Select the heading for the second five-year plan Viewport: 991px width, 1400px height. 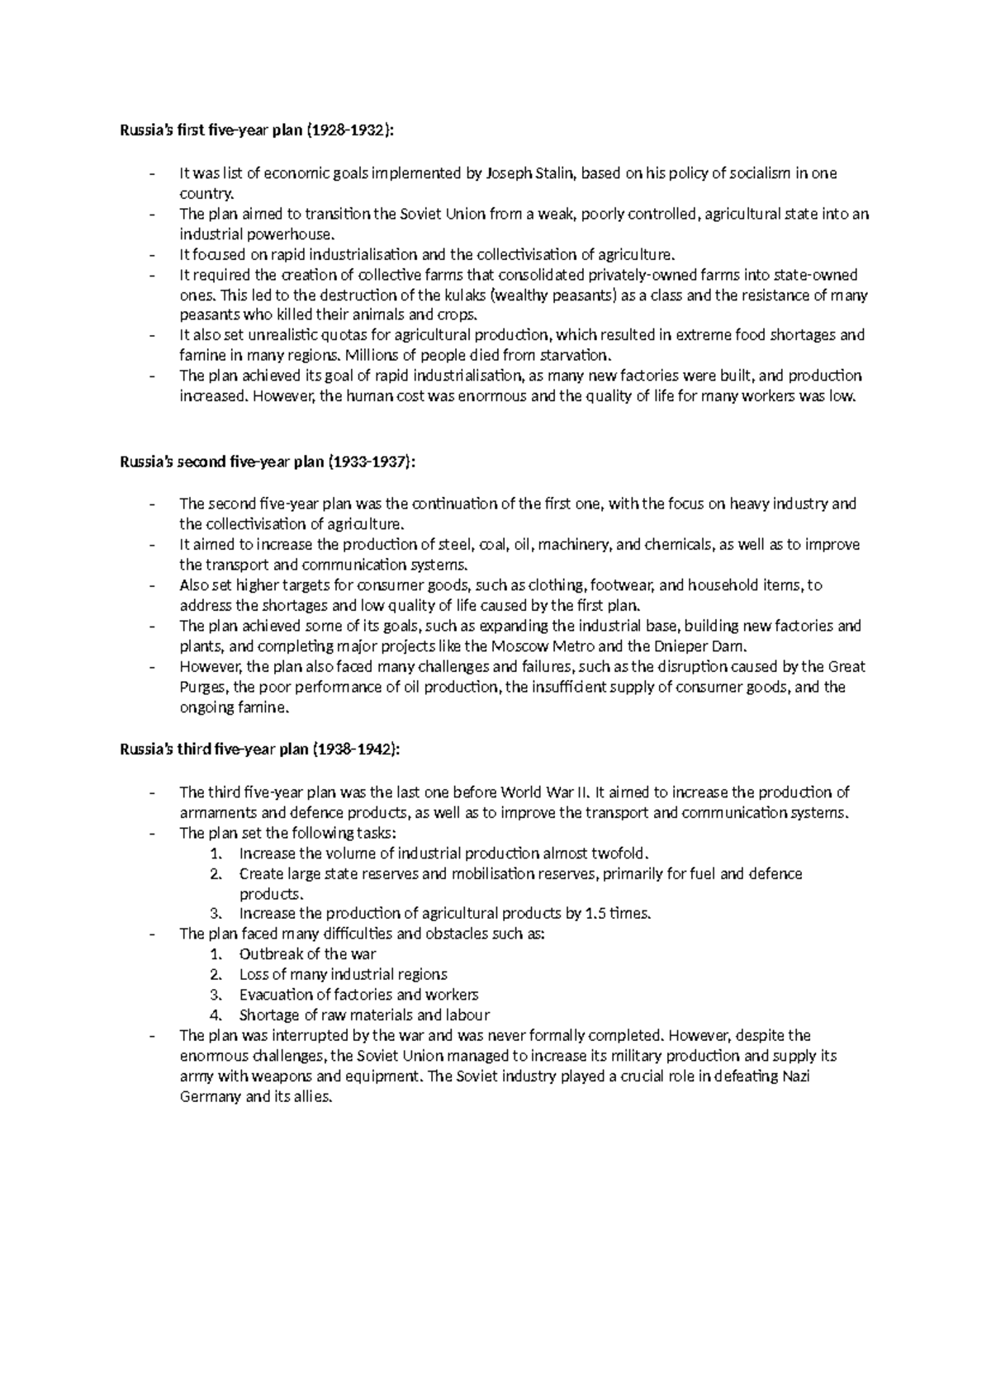tap(268, 462)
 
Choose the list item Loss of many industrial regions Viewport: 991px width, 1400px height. tap(343, 975)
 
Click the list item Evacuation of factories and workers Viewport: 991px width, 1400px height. tap(358, 995)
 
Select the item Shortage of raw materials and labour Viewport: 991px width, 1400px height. tap(364, 1015)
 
